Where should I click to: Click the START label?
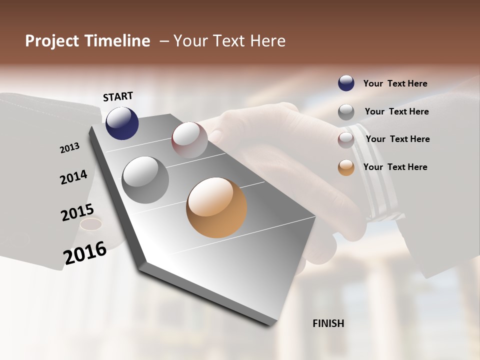click(118, 96)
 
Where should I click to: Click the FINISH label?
click(328, 323)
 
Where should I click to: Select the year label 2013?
click(69, 147)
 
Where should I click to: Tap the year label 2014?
click(73, 177)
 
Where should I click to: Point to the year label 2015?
click(77, 212)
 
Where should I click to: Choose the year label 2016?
click(85, 253)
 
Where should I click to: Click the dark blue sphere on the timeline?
click(122, 123)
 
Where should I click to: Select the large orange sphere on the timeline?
click(216, 207)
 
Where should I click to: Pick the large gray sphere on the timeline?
click(145, 179)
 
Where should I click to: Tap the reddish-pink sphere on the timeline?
click(189, 140)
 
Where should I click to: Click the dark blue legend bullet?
click(346, 83)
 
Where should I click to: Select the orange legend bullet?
click(346, 167)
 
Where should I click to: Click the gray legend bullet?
click(346, 112)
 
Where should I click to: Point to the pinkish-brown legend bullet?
click(346, 140)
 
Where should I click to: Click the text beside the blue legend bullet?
click(395, 83)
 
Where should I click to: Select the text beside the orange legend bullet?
click(395, 167)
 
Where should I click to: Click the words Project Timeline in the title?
click(87, 41)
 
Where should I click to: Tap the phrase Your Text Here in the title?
click(229, 41)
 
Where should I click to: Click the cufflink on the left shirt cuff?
click(91, 224)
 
